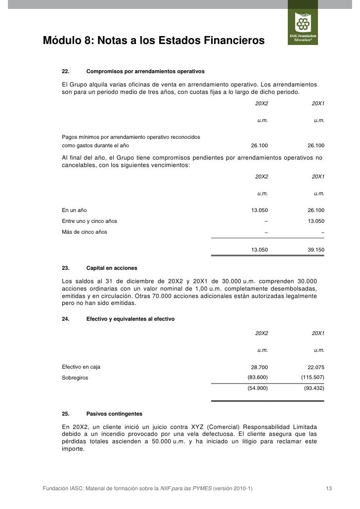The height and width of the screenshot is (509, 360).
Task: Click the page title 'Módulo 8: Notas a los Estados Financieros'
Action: click(154, 40)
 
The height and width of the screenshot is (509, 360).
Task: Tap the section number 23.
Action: click(65, 268)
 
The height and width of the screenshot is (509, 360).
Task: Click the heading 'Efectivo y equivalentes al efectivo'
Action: click(130, 319)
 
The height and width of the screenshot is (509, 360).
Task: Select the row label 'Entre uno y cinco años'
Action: click(90, 221)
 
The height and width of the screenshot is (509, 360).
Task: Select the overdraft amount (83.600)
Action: click(258, 378)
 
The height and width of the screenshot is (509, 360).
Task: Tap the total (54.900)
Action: click(258, 388)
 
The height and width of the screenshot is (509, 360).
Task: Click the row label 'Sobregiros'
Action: click(73, 378)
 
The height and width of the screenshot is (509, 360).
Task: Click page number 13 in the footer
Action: click(328, 489)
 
